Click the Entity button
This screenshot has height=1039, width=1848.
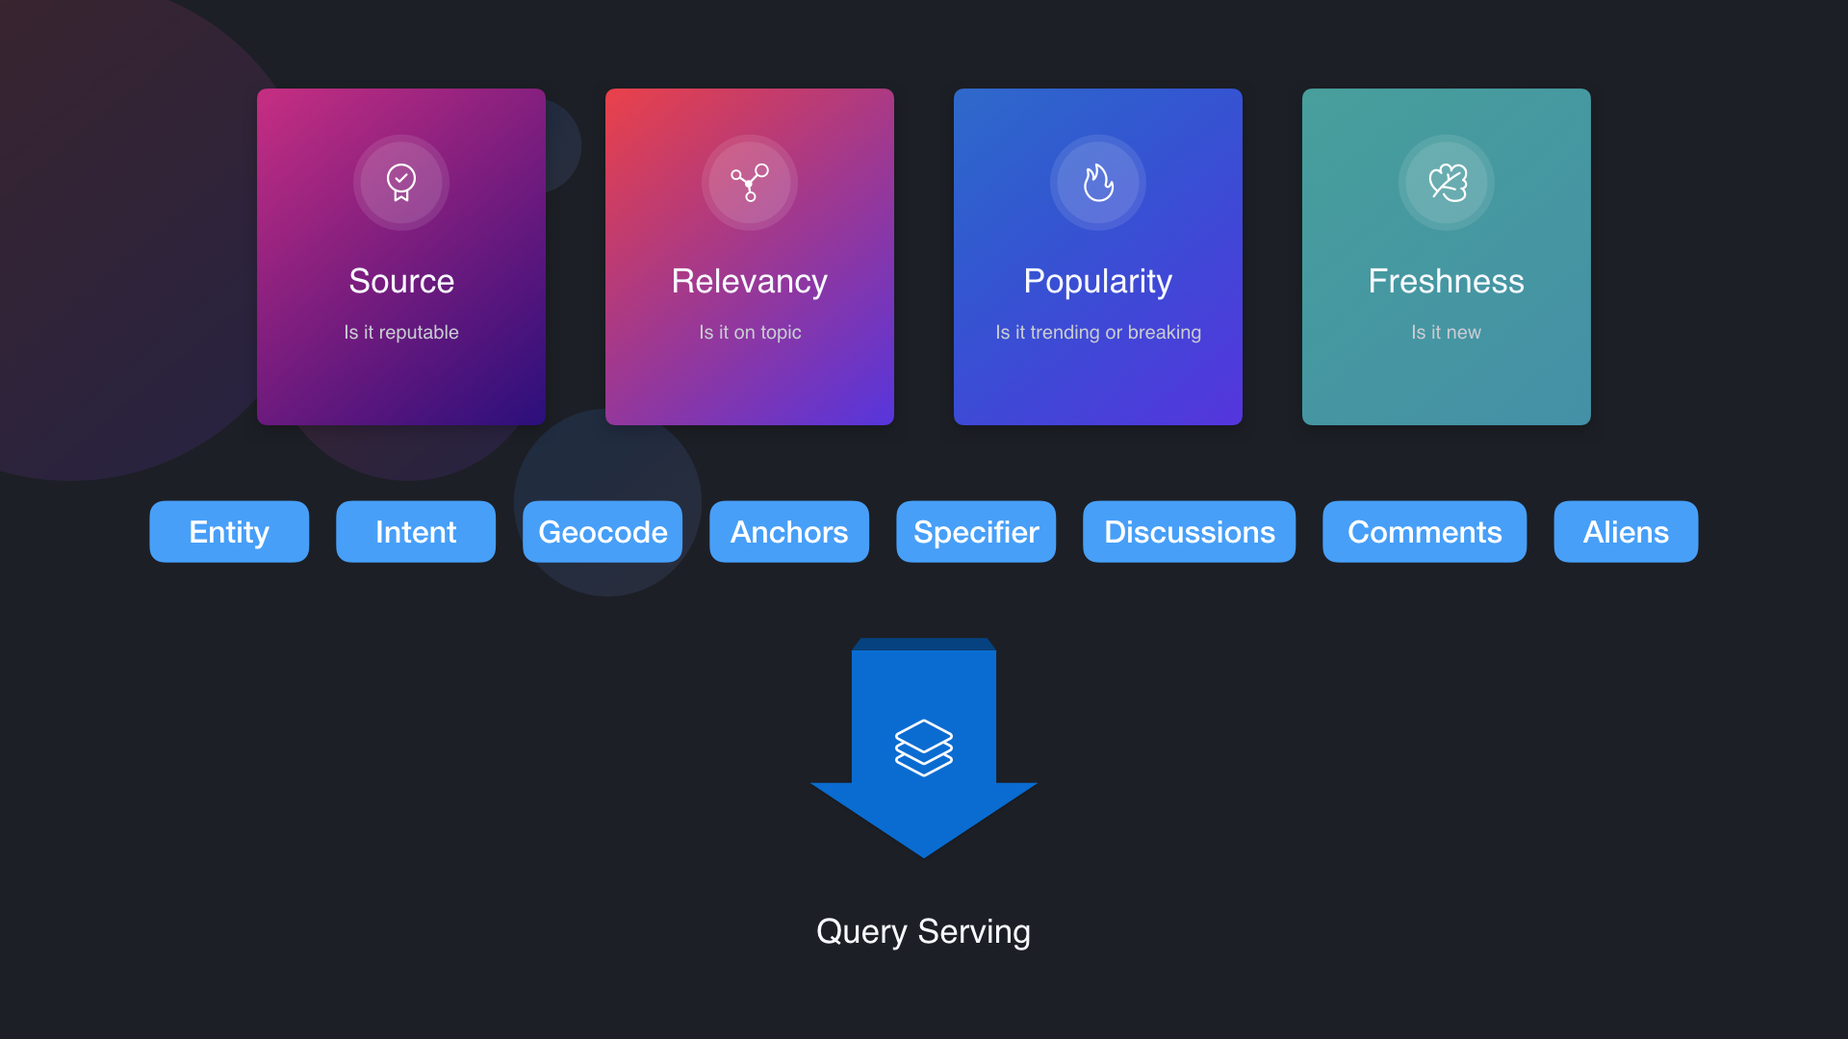(229, 532)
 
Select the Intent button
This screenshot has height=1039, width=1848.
(416, 532)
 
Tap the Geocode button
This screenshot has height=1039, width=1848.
(603, 532)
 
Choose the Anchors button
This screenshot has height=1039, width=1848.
(789, 532)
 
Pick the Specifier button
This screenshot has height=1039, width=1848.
(976, 532)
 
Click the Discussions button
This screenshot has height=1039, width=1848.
(1189, 532)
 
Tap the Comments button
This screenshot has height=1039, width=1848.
(1424, 532)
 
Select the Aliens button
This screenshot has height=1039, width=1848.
(1626, 532)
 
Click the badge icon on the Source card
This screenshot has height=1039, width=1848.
(401, 182)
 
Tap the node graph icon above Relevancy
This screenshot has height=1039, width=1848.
(750, 182)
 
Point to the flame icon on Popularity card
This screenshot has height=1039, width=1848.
(1098, 182)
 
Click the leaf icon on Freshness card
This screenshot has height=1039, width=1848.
(1447, 182)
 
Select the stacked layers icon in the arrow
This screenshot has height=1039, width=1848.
(924, 748)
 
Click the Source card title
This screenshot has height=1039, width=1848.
(401, 281)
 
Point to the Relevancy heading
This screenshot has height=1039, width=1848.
(750, 281)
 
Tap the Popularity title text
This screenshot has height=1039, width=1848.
(1098, 281)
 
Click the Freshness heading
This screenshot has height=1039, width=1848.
(1447, 281)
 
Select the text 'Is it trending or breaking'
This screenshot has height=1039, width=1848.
(1098, 332)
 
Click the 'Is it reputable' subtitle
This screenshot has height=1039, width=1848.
(401, 332)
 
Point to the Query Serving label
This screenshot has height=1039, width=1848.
(924, 931)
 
